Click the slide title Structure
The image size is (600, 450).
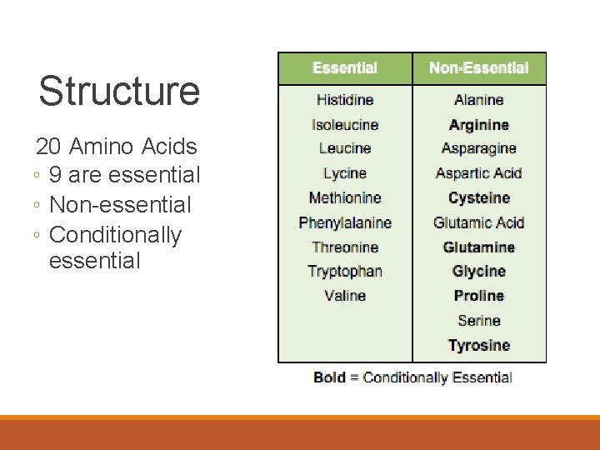pos(119,91)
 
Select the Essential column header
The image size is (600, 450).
pos(345,68)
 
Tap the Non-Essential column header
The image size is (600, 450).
pos(479,68)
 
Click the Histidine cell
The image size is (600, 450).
pos(345,100)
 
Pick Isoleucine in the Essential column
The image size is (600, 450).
pos(345,125)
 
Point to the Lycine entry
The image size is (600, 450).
pos(345,173)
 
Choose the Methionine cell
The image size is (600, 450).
pos(345,197)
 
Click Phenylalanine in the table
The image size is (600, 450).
pos(345,222)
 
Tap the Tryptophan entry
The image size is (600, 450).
pos(345,271)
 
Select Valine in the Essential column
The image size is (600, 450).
pos(345,295)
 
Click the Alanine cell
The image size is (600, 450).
pos(479,100)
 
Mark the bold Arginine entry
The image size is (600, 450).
pos(479,125)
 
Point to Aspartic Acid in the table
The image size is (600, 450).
pos(479,173)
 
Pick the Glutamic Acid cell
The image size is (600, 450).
pos(479,222)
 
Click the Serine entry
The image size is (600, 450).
pos(479,320)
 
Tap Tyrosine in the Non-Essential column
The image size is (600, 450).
pos(479,345)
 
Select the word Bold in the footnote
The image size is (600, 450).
pos(329,377)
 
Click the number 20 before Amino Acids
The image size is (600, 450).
pos(48,147)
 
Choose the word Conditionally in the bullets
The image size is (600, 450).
pos(115,234)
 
